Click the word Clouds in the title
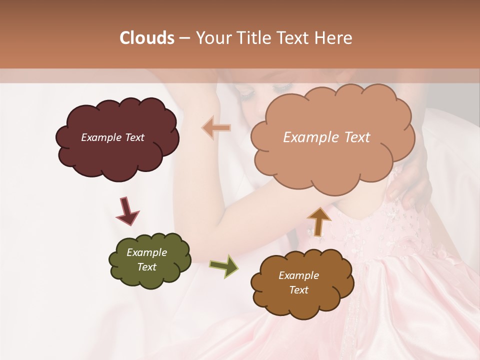(146, 38)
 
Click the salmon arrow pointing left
(216, 127)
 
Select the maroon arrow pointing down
(127, 211)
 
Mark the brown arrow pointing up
(319, 221)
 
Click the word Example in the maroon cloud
(101, 137)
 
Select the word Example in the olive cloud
(146, 252)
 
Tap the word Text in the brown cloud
(298, 290)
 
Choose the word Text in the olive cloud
(146, 267)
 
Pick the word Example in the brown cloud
(298, 275)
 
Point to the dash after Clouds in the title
(184, 38)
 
